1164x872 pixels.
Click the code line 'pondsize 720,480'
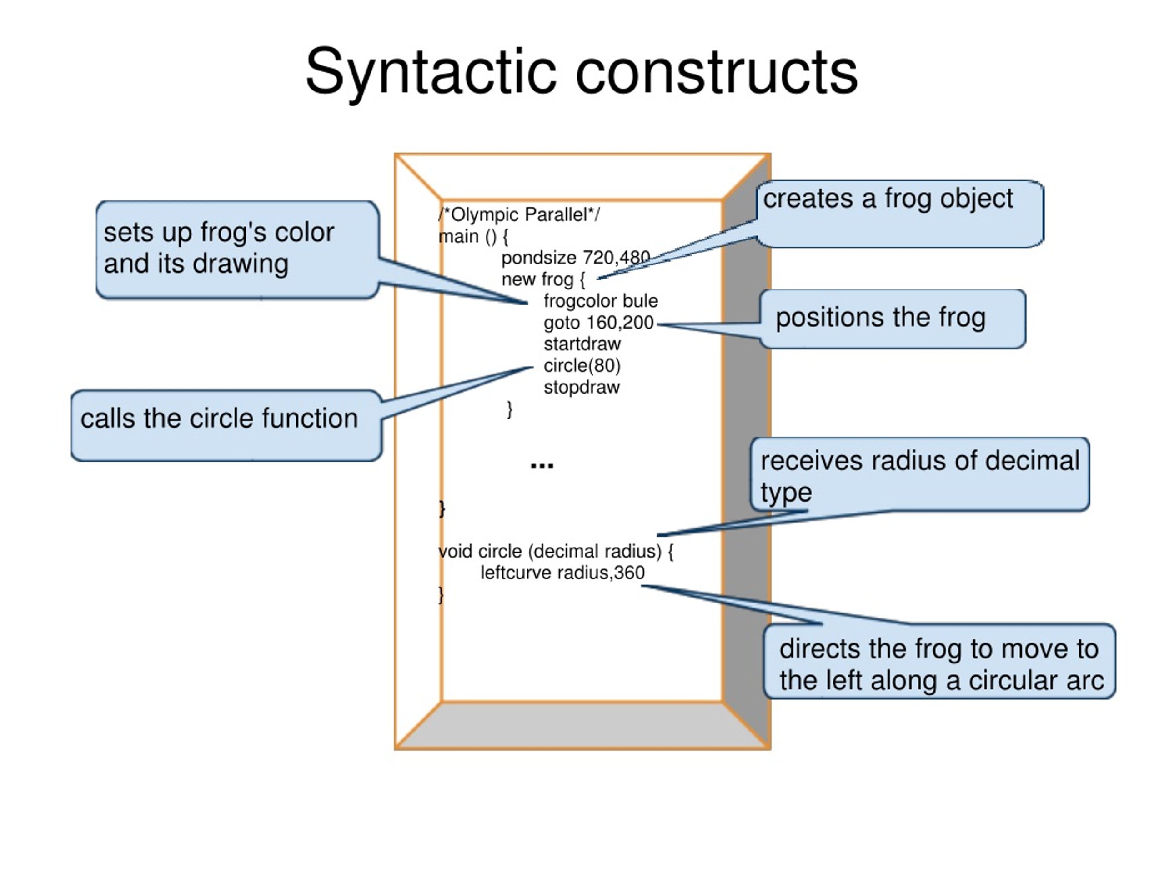point(575,258)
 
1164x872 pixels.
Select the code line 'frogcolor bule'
point(601,301)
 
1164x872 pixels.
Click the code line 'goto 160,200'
point(598,322)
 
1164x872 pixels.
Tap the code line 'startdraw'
point(582,344)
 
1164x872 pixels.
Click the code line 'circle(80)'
point(582,365)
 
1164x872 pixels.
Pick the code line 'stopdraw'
point(582,388)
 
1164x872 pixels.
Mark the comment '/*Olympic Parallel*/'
point(519,214)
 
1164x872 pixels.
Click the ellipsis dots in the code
point(542,465)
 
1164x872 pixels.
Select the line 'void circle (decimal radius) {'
point(556,551)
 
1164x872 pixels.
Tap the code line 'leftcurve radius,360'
point(562,573)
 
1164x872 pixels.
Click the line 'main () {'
point(473,237)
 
